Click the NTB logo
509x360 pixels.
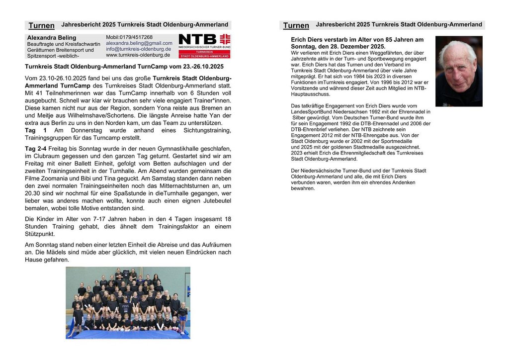204,46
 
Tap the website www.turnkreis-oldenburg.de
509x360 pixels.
138,55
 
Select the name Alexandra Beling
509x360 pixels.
52,38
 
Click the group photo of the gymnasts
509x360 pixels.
128,303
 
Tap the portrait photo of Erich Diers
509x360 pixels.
459,71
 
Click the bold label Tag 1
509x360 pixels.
36,130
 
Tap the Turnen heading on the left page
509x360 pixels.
42,25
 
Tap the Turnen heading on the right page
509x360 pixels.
296,25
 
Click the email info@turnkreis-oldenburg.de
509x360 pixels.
139,49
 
